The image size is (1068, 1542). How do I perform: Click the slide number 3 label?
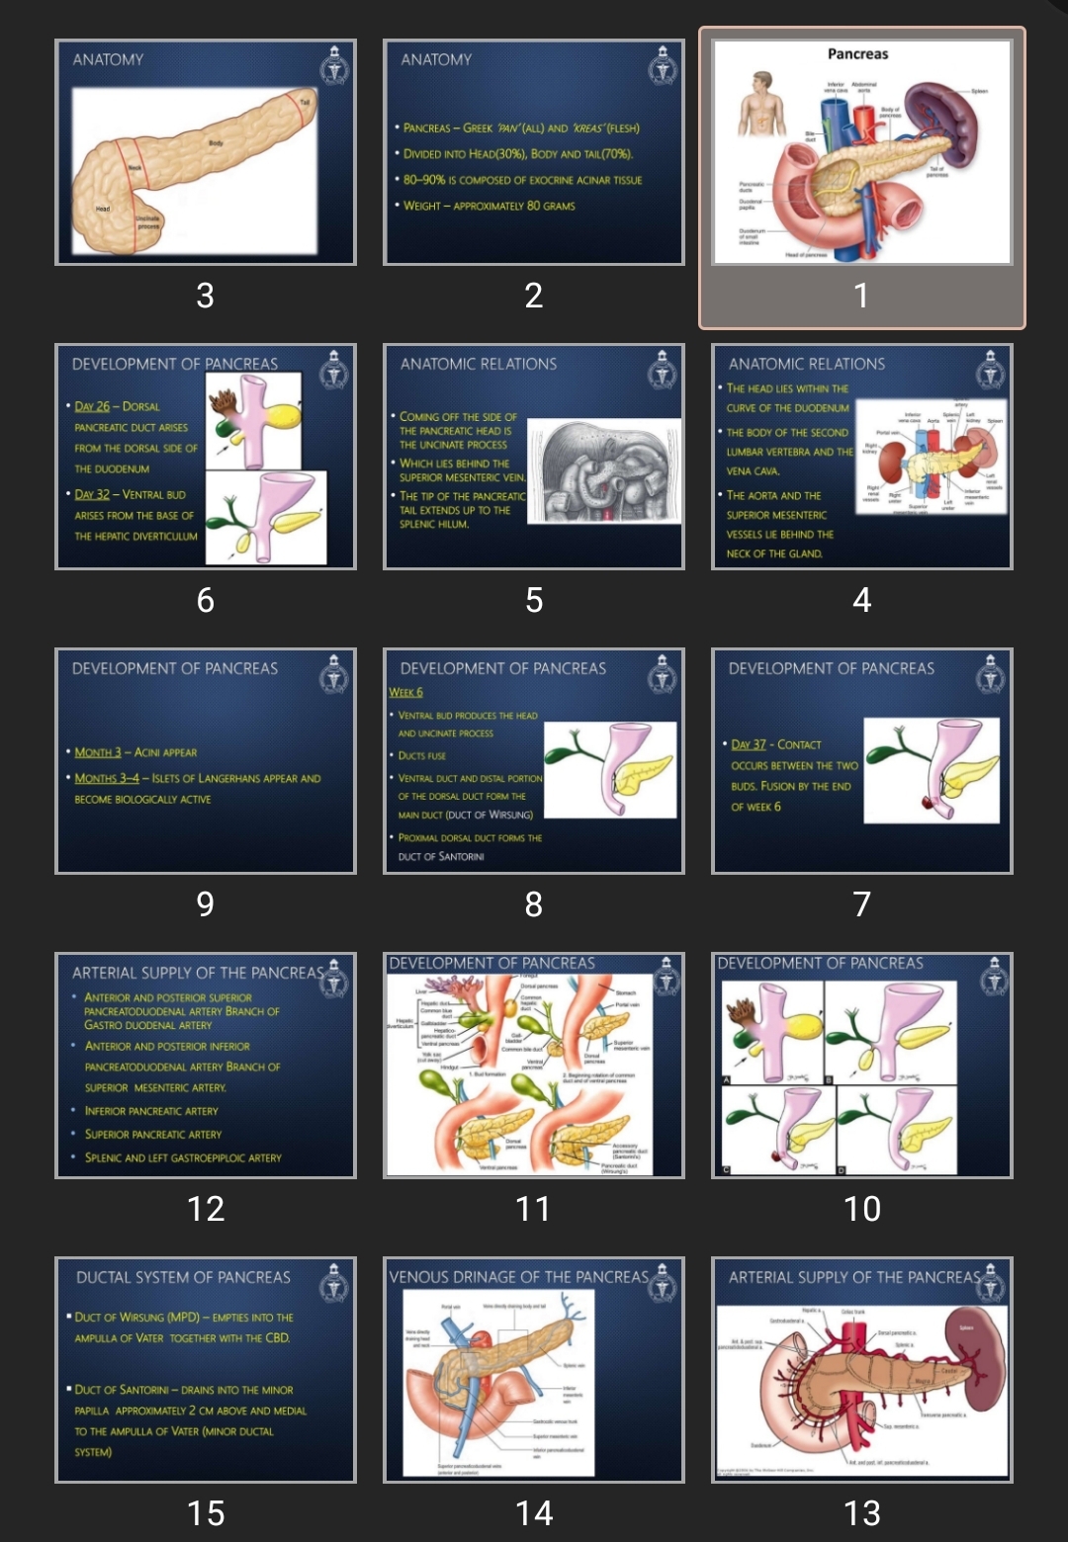coord(205,296)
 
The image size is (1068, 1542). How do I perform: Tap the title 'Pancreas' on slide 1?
coord(857,54)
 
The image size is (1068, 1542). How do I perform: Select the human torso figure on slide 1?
coord(761,103)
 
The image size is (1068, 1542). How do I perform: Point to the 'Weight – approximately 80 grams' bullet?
coord(489,206)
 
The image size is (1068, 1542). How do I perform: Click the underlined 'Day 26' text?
coord(92,406)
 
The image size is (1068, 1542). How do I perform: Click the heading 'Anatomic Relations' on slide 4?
coord(807,364)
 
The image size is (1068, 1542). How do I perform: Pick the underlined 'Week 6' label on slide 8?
coord(405,692)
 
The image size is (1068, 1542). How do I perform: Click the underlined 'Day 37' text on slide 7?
coord(749,744)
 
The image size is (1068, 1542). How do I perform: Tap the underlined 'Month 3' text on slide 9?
coord(98,752)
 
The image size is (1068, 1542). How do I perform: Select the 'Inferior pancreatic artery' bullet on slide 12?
coord(151,1111)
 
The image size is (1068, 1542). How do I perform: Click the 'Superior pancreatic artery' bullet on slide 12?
coord(153,1135)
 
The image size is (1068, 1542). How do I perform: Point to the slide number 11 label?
coord(533,1209)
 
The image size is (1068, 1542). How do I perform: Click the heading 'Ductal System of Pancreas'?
coord(183,1277)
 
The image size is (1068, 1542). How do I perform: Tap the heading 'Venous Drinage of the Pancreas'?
coord(518,1277)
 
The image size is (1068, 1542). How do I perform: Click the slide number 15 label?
coord(205,1513)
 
